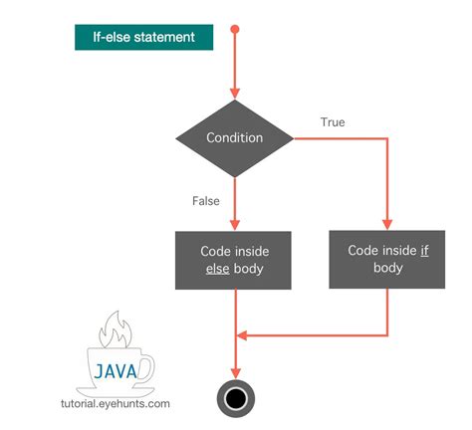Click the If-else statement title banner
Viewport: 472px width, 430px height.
click(x=142, y=38)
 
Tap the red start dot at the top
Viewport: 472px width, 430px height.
click(x=235, y=28)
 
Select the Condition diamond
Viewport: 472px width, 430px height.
click(x=234, y=137)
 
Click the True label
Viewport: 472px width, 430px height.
click(x=333, y=121)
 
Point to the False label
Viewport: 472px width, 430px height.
click(x=205, y=201)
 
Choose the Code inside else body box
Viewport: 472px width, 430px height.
click(x=234, y=261)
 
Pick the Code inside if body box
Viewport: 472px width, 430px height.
click(x=387, y=260)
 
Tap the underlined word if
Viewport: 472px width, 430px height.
click(x=424, y=251)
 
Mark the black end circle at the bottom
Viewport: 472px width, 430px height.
click(x=235, y=398)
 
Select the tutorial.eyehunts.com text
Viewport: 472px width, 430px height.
click(x=116, y=404)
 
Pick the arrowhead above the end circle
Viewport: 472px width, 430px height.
click(x=235, y=370)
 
